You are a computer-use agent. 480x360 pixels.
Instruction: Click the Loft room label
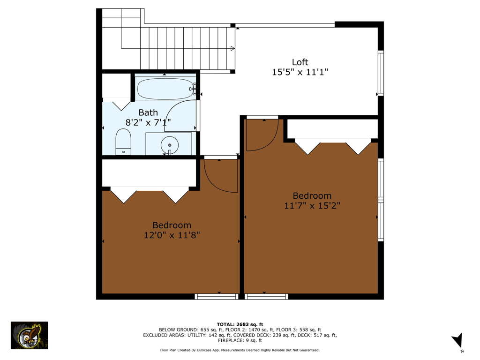click(300, 62)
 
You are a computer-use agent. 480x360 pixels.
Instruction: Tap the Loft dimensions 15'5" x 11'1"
click(300, 72)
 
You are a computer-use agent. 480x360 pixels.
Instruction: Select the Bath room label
click(148, 112)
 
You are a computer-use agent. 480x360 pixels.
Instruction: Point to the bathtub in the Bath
click(165, 89)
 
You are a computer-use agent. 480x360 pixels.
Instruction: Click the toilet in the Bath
click(123, 142)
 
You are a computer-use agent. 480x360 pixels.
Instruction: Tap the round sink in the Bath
click(170, 145)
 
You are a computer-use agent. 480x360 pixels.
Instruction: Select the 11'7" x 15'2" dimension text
click(312, 205)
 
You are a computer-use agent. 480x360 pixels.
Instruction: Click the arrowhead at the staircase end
click(232, 48)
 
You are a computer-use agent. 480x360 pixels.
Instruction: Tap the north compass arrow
click(457, 341)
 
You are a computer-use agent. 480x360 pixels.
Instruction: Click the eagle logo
click(30, 335)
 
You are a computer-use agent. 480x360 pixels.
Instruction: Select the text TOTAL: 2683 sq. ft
click(240, 324)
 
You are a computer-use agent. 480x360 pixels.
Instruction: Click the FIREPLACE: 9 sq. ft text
click(240, 340)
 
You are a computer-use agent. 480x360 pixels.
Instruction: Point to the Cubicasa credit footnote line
click(240, 350)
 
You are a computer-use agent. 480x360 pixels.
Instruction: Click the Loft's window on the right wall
click(381, 73)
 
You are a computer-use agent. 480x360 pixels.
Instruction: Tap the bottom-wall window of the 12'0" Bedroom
click(217, 296)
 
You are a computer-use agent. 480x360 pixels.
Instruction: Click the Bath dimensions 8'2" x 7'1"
click(148, 122)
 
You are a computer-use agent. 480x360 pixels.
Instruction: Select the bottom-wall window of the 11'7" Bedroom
click(266, 296)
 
